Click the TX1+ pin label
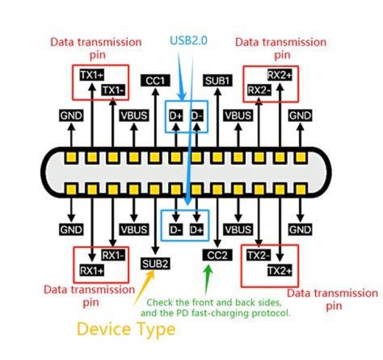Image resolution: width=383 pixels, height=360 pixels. coord(92,75)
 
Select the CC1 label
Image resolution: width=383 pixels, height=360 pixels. coord(155,81)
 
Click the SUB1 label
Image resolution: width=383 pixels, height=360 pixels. coord(218,81)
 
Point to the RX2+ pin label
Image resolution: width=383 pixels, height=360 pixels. coord(280,75)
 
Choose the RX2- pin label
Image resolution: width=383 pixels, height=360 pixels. coord(259,90)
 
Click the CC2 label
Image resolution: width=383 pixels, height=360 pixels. coord(217,255)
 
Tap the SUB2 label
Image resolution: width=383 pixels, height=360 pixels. coord(155,264)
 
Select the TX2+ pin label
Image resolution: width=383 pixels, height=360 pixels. coord(280,270)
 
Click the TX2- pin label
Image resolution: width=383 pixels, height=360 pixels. coord(259,255)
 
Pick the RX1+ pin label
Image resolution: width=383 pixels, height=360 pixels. coord(92,270)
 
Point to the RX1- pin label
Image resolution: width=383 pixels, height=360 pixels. coord(113,255)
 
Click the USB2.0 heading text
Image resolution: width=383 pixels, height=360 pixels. coord(188,40)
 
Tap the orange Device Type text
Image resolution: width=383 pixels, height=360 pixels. coord(126,330)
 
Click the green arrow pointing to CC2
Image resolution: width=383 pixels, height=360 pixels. coord(207,280)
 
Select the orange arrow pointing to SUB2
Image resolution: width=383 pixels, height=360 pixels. coord(144,288)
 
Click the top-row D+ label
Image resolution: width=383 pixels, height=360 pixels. coord(176,115)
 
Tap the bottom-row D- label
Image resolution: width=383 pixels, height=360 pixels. coord(176,230)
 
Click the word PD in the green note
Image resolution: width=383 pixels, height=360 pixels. coord(182,313)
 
